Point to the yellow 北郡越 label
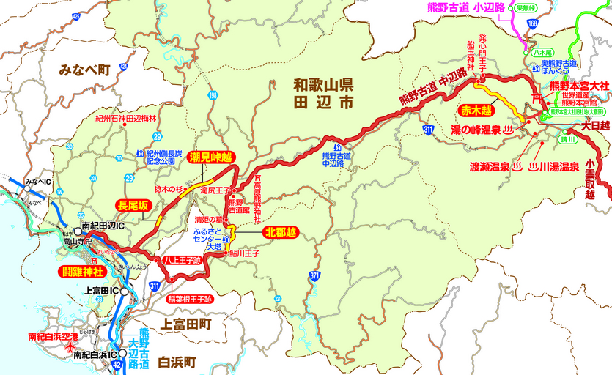[x=280, y=233]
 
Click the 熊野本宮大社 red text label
[x=579, y=86]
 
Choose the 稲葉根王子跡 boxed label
[x=188, y=299]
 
